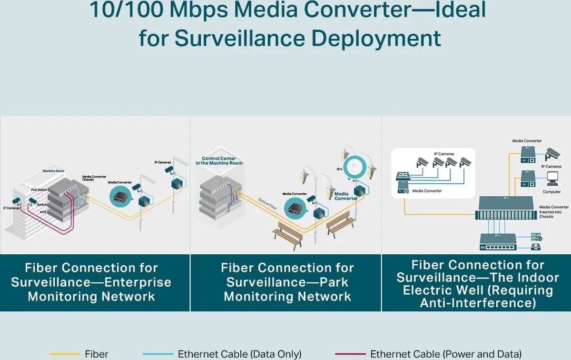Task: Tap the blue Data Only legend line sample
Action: (158, 354)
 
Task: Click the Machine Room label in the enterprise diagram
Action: (53, 170)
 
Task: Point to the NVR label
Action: (42, 211)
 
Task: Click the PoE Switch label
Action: (38, 190)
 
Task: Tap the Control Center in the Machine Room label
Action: (219, 161)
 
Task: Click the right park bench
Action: (340, 223)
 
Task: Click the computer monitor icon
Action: (552, 179)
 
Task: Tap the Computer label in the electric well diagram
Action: (552, 192)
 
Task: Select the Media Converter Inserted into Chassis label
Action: (553, 211)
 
